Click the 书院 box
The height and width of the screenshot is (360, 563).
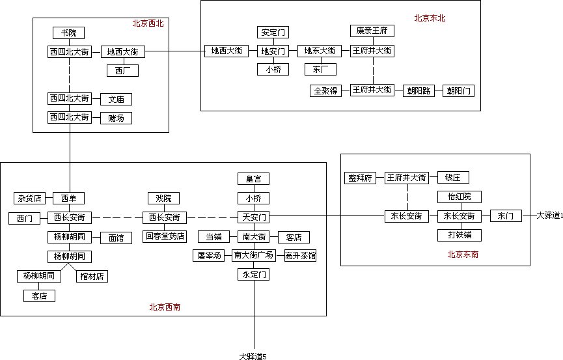(x=69, y=33)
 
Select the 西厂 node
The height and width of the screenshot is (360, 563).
(x=122, y=70)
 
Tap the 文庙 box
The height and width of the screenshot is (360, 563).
(x=117, y=99)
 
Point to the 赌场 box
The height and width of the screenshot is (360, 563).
(x=117, y=118)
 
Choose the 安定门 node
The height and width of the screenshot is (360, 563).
(x=273, y=33)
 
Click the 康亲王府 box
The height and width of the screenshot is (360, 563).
(x=372, y=31)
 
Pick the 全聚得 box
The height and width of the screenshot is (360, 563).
(x=325, y=90)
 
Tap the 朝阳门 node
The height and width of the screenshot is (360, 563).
(x=458, y=91)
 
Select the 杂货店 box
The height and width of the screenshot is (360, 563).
(x=29, y=199)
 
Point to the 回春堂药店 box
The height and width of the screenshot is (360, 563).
(x=165, y=236)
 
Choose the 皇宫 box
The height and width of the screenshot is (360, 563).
(x=253, y=179)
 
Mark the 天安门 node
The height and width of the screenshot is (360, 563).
(x=253, y=217)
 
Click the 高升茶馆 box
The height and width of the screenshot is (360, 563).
(x=300, y=256)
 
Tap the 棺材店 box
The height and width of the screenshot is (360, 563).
(x=92, y=276)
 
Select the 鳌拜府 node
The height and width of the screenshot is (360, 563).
(x=361, y=178)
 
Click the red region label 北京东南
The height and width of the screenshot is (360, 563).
(x=463, y=255)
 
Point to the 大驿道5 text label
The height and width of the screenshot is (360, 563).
(x=253, y=356)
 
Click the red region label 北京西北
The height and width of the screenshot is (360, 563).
(x=148, y=23)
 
